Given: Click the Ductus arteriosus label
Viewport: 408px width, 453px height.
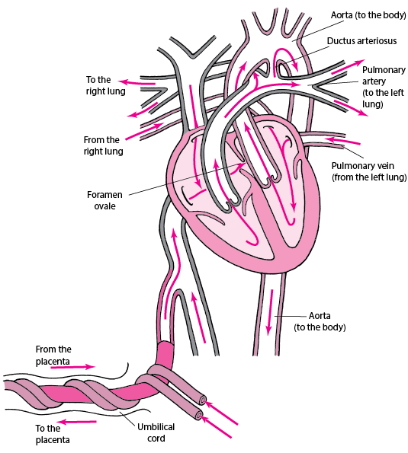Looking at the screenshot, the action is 361,41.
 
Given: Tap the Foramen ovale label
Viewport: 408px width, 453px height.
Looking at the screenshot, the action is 104,200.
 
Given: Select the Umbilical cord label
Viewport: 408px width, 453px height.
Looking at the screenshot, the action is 156,432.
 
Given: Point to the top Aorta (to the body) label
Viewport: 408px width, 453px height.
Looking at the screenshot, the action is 368,15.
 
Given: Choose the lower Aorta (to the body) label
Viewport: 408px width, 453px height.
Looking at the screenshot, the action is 320,321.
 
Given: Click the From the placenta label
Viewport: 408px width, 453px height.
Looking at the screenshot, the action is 53,356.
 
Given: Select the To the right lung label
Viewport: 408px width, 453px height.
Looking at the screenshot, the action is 105,85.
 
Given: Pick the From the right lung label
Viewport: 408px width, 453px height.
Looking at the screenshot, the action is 103,145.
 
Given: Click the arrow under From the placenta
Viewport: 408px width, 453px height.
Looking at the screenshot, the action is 73,367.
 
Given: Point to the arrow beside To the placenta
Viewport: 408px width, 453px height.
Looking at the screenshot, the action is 77,422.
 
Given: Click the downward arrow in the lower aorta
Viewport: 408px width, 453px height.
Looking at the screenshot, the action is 270,312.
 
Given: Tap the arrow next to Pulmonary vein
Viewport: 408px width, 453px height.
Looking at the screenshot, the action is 343,141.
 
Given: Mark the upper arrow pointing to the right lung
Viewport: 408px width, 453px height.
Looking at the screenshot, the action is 137,83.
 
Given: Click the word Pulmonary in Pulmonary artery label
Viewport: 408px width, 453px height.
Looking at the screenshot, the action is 384,70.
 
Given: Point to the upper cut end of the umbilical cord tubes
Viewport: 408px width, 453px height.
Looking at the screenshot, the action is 203,400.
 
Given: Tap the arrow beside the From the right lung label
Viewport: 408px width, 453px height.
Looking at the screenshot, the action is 145,132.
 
